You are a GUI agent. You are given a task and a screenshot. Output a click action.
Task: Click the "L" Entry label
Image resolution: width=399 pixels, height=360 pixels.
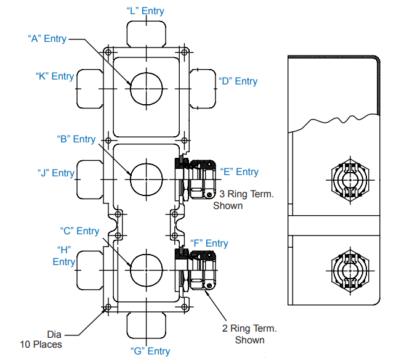[146, 10]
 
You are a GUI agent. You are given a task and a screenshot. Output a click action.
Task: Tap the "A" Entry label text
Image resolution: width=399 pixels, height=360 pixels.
[47, 38]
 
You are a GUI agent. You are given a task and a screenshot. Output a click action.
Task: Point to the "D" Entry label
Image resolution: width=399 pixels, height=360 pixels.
[238, 81]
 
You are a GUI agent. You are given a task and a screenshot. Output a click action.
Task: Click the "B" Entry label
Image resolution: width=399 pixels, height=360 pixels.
[76, 139]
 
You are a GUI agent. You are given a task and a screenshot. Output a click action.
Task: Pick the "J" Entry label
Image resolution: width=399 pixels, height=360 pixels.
[55, 173]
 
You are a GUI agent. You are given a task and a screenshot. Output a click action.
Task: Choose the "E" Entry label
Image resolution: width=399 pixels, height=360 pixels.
[239, 172]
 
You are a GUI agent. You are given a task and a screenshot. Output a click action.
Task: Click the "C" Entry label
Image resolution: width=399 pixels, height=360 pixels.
[79, 231]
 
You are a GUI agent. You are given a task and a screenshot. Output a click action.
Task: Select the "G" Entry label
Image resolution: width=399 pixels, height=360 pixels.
[150, 351]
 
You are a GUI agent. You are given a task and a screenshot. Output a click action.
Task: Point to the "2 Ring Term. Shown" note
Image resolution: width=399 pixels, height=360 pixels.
[249, 334]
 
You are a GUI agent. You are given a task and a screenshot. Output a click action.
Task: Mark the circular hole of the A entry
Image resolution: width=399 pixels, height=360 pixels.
[146, 88]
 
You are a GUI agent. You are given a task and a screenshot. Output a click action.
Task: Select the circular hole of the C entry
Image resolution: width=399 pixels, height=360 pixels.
[146, 269]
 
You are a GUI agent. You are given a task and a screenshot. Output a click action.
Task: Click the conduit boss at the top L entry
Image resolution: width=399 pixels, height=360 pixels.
[146, 33]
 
